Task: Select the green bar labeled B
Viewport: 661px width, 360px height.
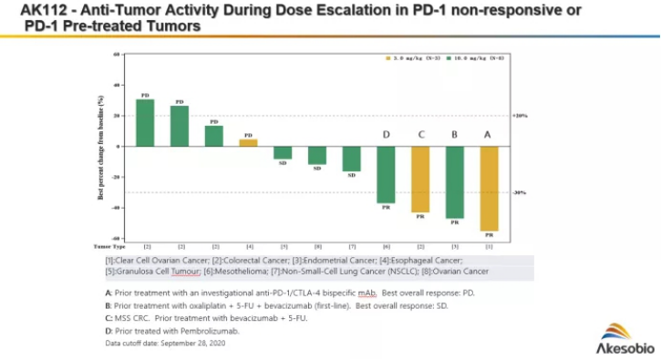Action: click(x=455, y=182)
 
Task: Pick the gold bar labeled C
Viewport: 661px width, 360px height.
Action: click(x=420, y=179)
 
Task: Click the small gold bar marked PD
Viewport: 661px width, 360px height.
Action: click(x=248, y=142)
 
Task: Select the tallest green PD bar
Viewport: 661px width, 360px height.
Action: click(x=145, y=122)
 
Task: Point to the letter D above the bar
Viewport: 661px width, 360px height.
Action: click(x=387, y=134)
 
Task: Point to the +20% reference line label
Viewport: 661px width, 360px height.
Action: click(x=521, y=116)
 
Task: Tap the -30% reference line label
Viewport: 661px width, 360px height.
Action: click(x=521, y=192)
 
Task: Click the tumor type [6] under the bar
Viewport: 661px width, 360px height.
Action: click(x=387, y=246)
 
